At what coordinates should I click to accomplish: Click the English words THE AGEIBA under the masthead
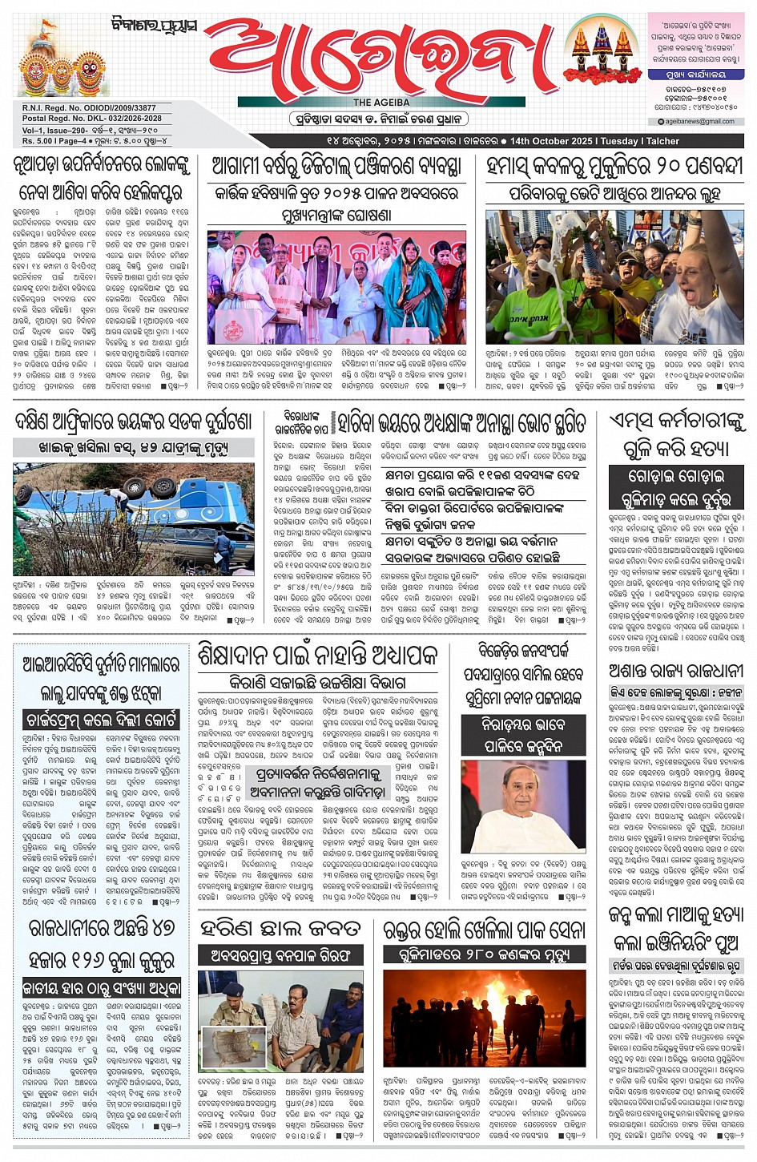point(381,103)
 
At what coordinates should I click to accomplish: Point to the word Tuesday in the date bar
point(619,141)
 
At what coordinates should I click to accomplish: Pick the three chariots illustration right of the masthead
point(601,48)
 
